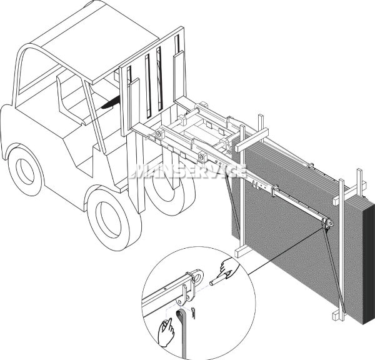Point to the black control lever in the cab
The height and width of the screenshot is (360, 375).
coord(111,102)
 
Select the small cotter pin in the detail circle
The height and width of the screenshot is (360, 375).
coord(193,313)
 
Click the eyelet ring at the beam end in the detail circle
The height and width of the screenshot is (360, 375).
coord(198,276)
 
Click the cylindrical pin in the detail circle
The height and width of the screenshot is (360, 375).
coord(217,280)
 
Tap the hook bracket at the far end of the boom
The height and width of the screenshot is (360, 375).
coord(327,224)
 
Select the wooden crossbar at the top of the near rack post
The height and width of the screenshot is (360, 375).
coord(252,140)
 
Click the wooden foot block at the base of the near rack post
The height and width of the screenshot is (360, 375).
coord(243,251)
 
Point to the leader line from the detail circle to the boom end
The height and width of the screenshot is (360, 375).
coord(286,250)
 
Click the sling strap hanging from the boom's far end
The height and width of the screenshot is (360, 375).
coord(334,270)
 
